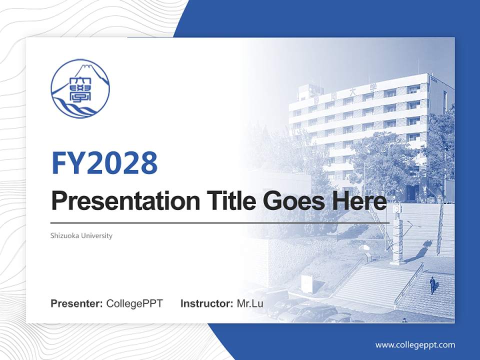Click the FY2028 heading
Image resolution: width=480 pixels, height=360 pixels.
coord(104,162)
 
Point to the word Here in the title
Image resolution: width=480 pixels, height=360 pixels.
coord(361,201)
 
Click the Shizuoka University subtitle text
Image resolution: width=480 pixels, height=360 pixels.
coord(81,235)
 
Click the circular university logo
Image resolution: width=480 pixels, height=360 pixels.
coord(80,88)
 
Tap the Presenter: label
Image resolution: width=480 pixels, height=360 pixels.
coord(77,303)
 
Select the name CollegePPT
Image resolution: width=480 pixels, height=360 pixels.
coord(134,303)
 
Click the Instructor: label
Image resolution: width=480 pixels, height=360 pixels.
coord(206,303)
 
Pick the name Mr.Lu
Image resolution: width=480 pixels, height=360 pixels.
coord(250,303)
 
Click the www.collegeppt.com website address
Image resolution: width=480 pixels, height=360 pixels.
coord(415,344)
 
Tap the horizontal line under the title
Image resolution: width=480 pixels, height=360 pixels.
coord(220,222)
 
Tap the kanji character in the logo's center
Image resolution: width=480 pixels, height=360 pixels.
coord(80,89)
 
